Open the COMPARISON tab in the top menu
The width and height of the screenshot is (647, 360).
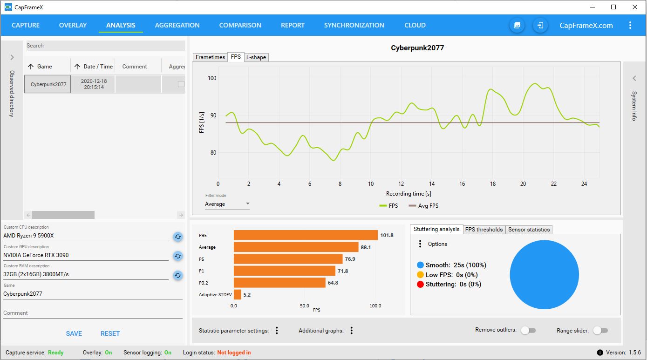coord(240,25)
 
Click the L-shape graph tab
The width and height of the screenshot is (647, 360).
coord(256,57)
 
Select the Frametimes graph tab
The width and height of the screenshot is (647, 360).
coord(210,57)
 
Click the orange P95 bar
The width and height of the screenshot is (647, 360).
coord(306,235)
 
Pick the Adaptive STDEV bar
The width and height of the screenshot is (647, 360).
coord(238,294)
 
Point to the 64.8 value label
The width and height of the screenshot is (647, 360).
coord(333,283)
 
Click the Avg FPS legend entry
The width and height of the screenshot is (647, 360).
coord(423,205)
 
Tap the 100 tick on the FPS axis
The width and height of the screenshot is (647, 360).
coord(212,78)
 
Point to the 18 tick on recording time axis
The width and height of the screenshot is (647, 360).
coord(493,184)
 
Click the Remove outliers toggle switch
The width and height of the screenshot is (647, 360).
coord(528,330)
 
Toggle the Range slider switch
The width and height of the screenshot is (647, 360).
coord(600,330)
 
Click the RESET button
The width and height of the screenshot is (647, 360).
coord(110,333)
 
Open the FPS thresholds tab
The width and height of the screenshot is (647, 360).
coord(484,230)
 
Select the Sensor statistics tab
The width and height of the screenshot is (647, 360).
coord(529,230)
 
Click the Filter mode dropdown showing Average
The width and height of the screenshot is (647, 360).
coord(227,204)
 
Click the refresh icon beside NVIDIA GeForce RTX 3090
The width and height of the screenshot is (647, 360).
coord(177,256)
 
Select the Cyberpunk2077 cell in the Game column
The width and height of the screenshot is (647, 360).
coord(48,84)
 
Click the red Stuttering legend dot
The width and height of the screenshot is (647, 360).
coord(420,284)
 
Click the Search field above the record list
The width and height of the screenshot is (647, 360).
coord(105,46)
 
